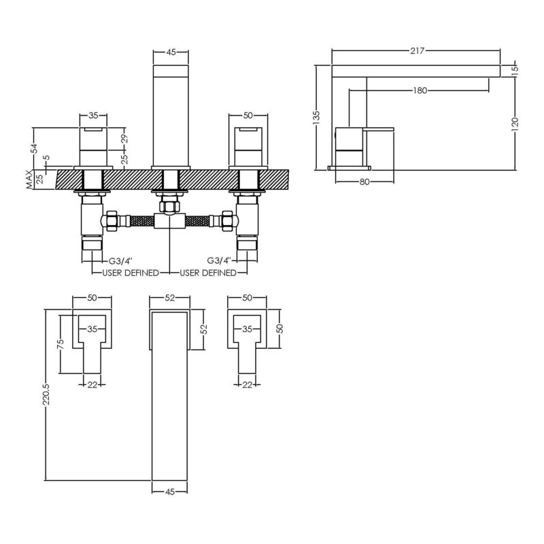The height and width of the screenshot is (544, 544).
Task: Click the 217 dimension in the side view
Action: click(x=417, y=51)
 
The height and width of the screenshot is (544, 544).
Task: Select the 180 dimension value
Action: click(x=420, y=91)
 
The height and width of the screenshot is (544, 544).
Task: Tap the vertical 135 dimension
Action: click(x=316, y=118)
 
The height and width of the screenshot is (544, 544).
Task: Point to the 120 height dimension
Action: click(x=515, y=122)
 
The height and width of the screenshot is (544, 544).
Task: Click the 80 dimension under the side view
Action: click(x=364, y=182)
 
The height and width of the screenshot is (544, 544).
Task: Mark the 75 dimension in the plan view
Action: click(x=60, y=344)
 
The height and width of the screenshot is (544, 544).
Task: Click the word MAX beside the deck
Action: click(x=29, y=180)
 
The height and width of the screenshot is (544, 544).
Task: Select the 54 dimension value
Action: click(x=33, y=148)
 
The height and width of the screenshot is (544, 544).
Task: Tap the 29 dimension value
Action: click(x=125, y=139)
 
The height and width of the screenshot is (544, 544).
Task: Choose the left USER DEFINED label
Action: click(x=131, y=273)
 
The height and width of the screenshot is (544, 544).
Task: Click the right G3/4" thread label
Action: click(x=219, y=260)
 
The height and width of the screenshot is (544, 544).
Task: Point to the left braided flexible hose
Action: click(x=141, y=220)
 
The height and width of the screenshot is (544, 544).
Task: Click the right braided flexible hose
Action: click(x=197, y=220)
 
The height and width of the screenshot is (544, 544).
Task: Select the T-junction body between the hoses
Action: click(x=169, y=221)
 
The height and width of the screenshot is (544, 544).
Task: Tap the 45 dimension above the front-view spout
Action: click(x=171, y=52)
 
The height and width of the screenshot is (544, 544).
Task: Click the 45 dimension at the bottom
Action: click(x=169, y=492)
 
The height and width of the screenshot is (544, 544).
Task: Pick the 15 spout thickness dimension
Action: click(x=515, y=69)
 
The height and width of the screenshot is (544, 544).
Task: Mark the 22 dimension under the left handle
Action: click(x=92, y=384)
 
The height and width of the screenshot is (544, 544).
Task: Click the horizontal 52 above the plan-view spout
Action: click(x=169, y=298)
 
